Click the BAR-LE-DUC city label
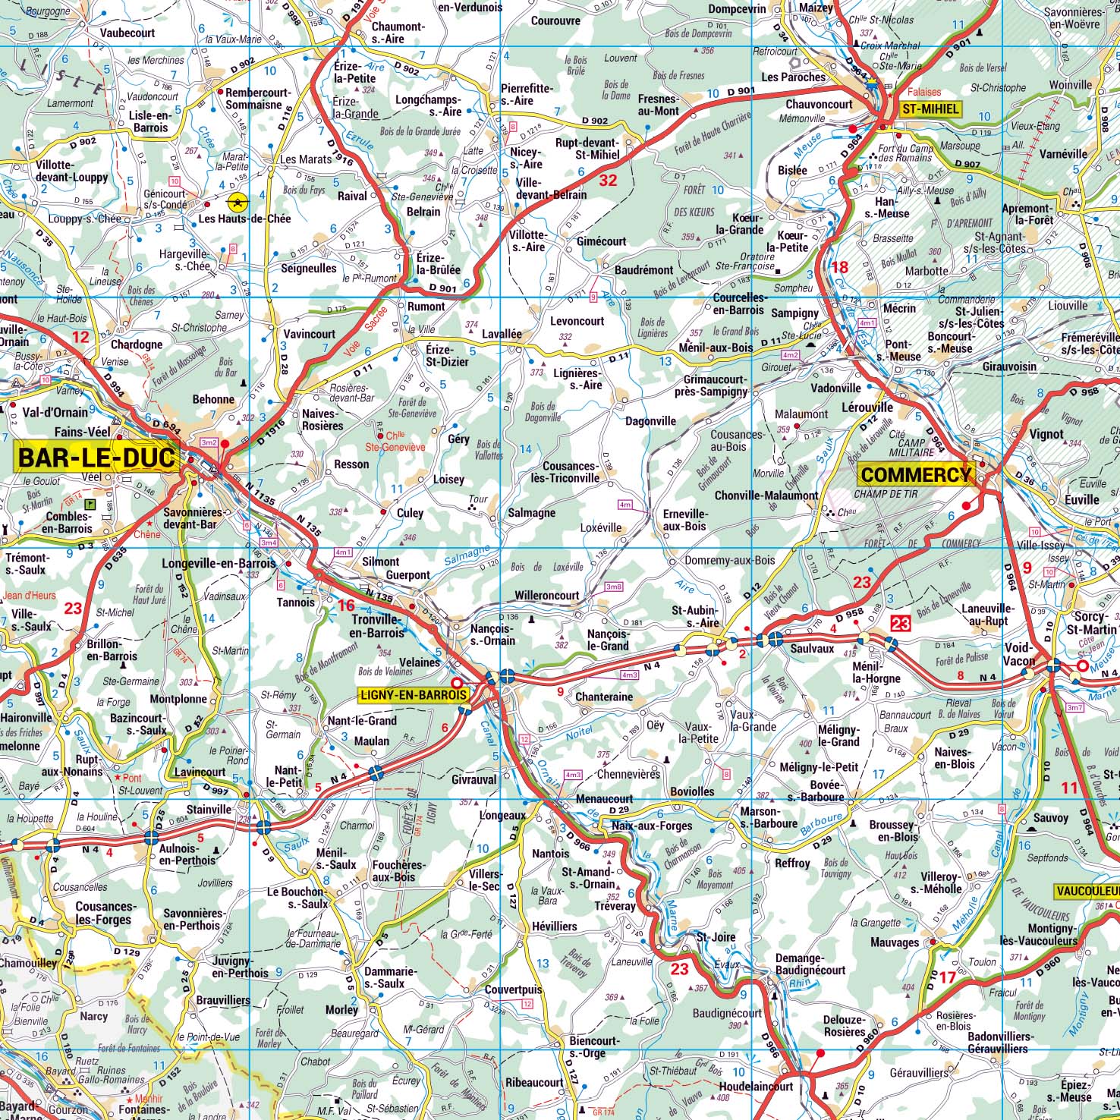(x=96, y=458)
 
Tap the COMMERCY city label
(x=915, y=475)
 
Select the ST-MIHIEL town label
(x=930, y=109)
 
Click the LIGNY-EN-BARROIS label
(x=414, y=694)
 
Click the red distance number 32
(x=608, y=180)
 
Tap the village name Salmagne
(x=531, y=513)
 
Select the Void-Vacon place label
(x=1019, y=654)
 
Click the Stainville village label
(x=209, y=810)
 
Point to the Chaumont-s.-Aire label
(x=398, y=32)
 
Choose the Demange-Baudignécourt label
(x=810, y=964)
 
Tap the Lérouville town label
(x=867, y=407)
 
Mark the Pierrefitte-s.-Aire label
(x=527, y=94)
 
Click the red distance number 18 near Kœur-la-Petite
(x=839, y=267)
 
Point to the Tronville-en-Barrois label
(x=377, y=626)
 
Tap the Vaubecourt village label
(x=127, y=33)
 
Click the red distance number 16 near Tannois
(x=346, y=605)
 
